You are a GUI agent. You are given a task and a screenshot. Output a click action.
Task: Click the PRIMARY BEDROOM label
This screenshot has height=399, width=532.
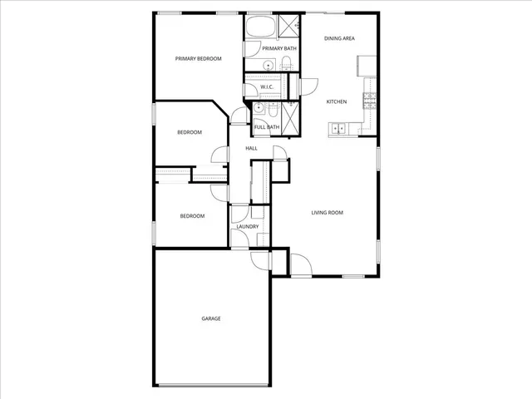click(x=198, y=58)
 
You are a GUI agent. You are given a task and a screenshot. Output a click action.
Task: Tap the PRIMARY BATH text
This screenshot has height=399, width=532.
click(x=278, y=48)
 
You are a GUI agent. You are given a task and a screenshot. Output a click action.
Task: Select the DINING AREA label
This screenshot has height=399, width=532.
click(x=339, y=38)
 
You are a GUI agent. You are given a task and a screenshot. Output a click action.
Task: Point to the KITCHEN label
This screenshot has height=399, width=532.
click(x=336, y=101)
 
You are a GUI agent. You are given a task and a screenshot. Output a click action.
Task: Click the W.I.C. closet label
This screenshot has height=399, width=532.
click(x=267, y=87)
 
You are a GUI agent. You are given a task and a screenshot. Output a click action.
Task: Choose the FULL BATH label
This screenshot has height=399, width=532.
click(x=266, y=126)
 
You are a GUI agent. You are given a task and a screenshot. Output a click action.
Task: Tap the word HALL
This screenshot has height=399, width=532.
click(x=251, y=148)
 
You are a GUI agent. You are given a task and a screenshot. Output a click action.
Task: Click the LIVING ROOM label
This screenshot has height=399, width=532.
click(x=328, y=213)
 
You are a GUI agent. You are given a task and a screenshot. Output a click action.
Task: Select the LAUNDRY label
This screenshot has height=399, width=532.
click(x=247, y=226)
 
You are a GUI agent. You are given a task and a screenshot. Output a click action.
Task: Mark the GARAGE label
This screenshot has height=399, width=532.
click(x=211, y=318)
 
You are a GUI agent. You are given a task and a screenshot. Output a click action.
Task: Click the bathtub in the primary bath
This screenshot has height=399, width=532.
click(x=259, y=26)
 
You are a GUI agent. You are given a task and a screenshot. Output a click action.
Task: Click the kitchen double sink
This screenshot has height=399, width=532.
click(x=338, y=127)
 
